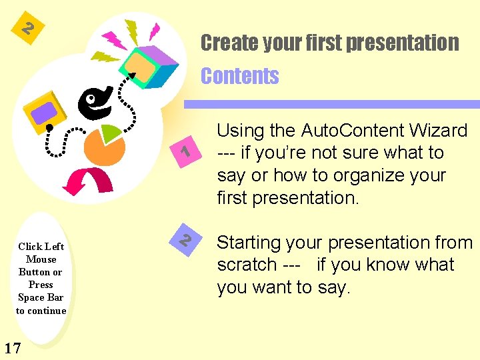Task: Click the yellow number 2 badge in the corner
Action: (x=27, y=29)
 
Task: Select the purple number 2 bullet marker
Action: (x=187, y=239)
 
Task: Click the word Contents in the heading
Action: (x=240, y=76)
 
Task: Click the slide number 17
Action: (x=11, y=347)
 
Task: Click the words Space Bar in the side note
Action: (x=41, y=297)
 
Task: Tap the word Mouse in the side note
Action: (x=41, y=259)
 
